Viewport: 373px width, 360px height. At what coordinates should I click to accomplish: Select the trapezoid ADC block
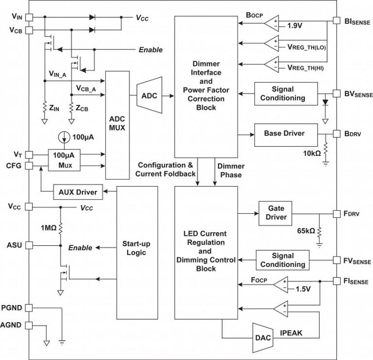[149, 96]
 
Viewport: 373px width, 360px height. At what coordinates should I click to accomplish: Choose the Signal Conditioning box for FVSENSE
[282, 260]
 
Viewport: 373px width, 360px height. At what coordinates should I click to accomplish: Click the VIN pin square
[29, 17]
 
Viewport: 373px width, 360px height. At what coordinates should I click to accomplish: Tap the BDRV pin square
[336, 133]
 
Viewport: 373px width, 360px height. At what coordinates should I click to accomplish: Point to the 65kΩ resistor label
[305, 231]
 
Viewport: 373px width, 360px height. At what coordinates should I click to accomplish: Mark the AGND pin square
[29, 326]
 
